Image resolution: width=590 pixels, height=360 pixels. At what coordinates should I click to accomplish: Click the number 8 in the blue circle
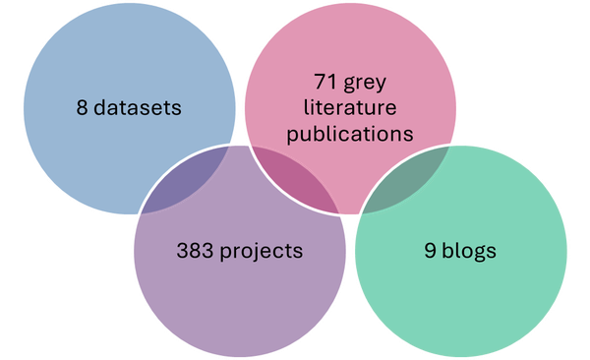coord(82,107)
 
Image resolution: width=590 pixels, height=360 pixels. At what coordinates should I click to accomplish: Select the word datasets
coord(138,107)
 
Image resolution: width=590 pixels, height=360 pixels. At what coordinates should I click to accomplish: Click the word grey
coord(365,84)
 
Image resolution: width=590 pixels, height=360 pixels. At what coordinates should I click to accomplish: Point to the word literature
coord(350,107)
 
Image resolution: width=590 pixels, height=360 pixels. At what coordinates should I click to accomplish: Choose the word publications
coord(350,134)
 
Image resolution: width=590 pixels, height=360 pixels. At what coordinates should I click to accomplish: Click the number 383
coord(195,251)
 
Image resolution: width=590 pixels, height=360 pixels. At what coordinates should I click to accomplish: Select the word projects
coord(262,252)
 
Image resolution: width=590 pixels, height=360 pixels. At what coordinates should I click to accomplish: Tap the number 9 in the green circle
coord(430,251)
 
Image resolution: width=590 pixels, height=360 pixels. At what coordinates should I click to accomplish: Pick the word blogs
coord(469,251)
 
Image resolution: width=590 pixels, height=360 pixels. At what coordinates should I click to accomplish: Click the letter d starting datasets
coord(99,107)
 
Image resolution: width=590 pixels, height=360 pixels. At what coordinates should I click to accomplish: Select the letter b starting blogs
coord(447,250)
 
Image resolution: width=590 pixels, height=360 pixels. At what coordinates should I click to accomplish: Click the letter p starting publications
coord(292,137)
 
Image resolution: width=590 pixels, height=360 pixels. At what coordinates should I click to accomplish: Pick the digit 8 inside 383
coord(195,251)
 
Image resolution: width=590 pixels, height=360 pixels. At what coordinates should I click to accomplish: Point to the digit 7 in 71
coord(321,82)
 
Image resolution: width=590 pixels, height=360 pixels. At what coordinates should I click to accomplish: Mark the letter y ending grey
coord(381,86)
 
